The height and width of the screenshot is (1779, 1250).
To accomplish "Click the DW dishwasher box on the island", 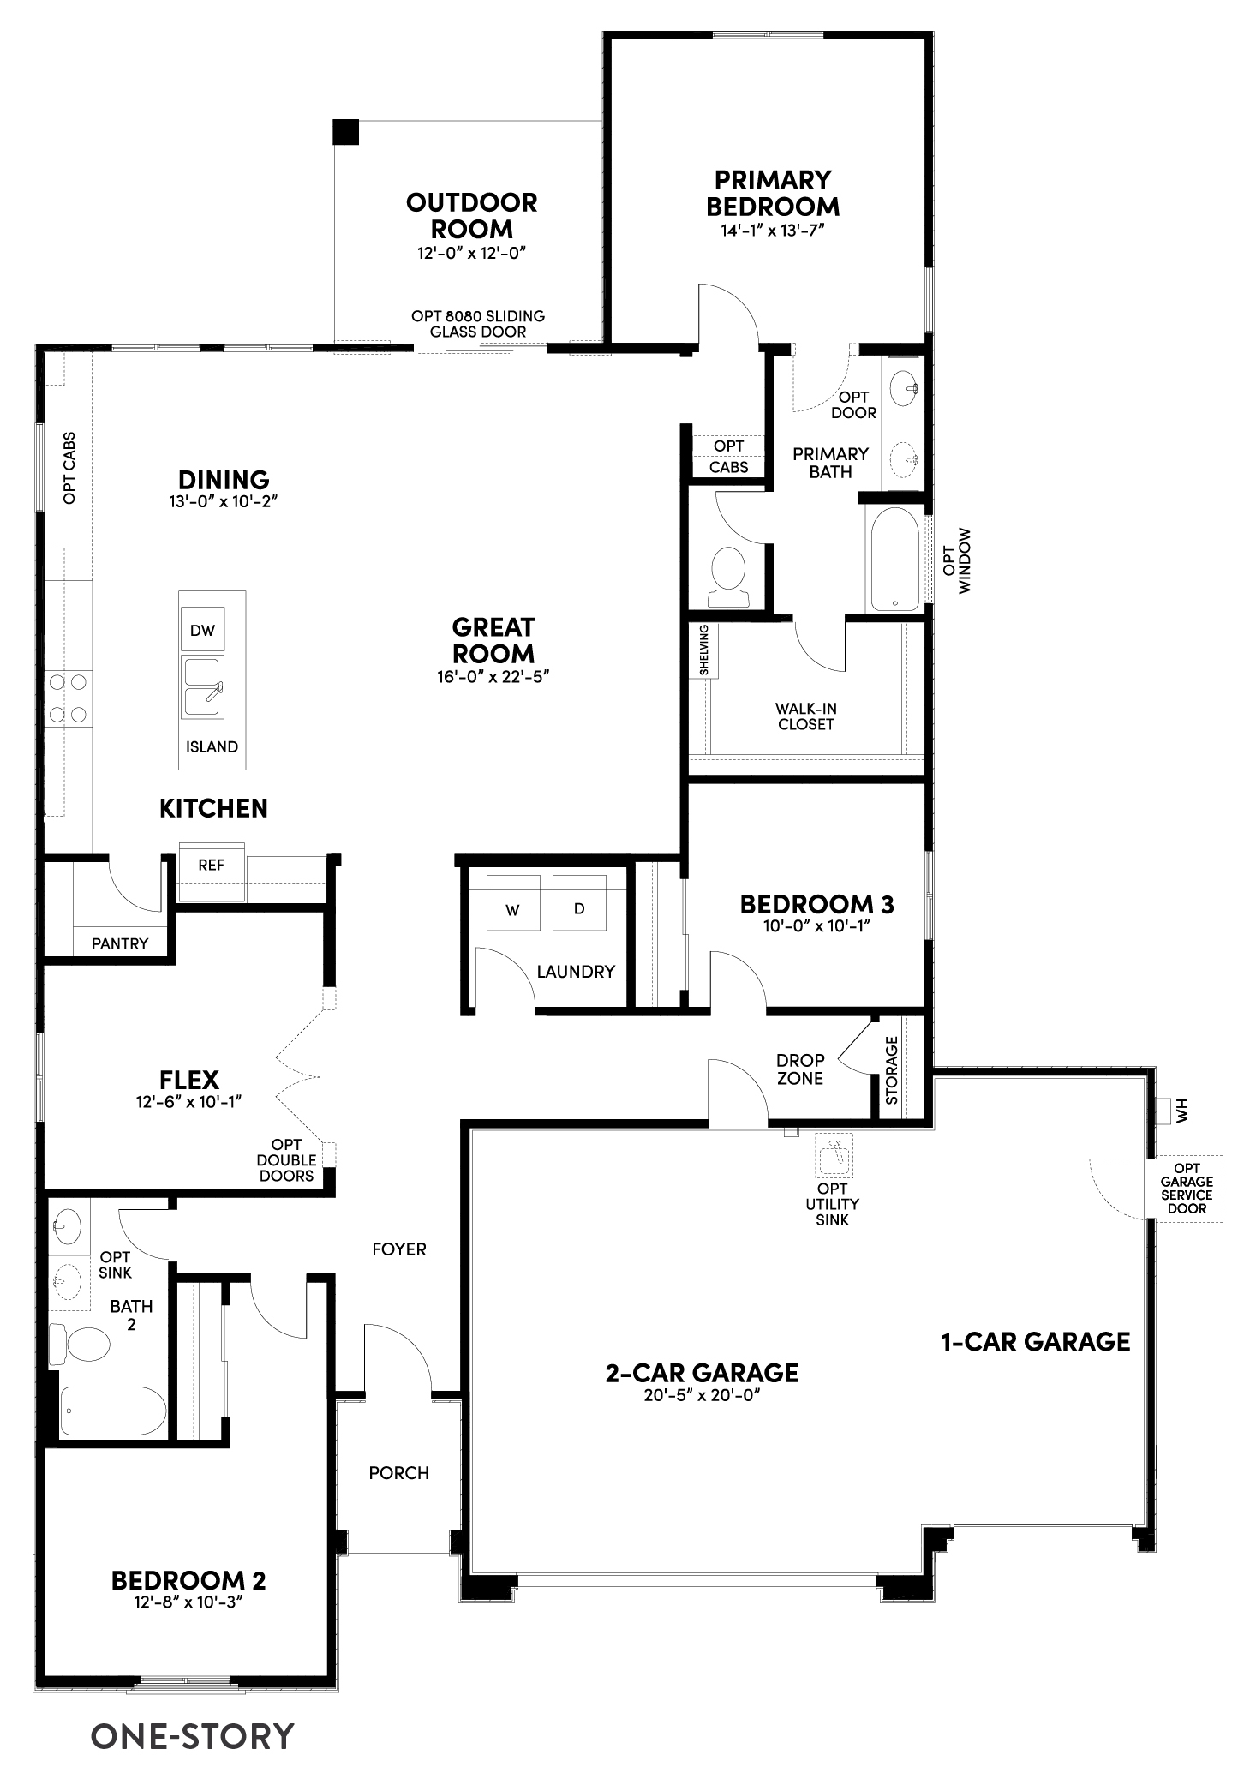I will point(202,631).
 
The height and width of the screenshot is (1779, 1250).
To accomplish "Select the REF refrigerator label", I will point(211,865).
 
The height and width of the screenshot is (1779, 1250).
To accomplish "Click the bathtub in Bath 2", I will point(113,1411).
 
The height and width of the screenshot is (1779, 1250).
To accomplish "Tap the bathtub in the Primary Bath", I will point(894,560).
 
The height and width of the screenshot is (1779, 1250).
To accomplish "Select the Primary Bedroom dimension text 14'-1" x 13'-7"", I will point(772,231).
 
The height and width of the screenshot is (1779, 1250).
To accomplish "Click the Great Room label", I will point(493,640).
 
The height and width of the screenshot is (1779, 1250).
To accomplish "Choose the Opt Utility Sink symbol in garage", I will point(834,1155).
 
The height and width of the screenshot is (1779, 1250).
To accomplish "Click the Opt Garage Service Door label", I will point(1187,1189).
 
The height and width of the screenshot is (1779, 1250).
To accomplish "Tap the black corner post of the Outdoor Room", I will point(345,131).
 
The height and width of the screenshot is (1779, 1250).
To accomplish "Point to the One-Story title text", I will point(192,1736).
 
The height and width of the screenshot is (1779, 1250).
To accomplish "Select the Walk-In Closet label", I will point(805,716).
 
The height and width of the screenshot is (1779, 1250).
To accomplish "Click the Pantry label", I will point(120,943).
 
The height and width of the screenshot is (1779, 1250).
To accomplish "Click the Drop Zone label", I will point(800,1069).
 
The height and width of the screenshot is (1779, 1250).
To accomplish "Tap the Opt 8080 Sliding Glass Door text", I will point(478,324).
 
